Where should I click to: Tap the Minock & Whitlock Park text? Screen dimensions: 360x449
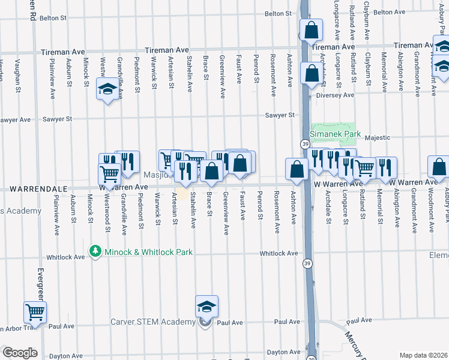(x=149, y=252)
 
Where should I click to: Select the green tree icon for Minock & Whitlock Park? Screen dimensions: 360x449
(x=94, y=251)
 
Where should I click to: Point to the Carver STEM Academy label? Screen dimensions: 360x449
(x=152, y=322)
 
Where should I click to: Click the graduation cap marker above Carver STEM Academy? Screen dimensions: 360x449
(x=206, y=307)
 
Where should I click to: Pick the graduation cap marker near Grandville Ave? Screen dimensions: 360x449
(x=107, y=89)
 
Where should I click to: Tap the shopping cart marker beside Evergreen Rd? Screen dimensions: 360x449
(x=35, y=312)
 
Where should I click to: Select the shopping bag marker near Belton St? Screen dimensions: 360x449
(x=312, y=29)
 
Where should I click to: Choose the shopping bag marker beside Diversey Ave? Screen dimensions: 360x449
(x=312, y=74)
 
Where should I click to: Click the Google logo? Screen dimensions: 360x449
(x=20, y=353)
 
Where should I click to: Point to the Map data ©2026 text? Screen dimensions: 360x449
(x=424, y=355)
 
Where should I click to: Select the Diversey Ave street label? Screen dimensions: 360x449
(x=337, y=95)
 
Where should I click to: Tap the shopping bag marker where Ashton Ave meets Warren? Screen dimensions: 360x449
(x=297, y=169)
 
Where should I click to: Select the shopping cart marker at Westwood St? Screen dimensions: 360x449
(x=109, y=174)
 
